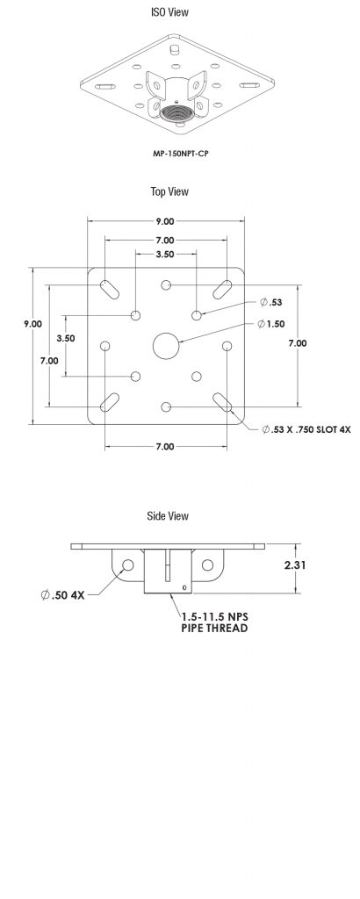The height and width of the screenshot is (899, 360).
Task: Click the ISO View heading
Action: pos(169,12)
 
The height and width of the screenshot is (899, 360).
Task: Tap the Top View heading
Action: pos(169,191)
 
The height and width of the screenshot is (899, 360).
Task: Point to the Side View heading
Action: pos(168,516)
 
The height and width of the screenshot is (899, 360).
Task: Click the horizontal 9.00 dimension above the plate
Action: pos(165,222)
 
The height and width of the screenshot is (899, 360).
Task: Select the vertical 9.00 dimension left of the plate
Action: pos(32,323)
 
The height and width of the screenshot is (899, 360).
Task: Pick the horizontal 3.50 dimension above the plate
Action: pos(165,254)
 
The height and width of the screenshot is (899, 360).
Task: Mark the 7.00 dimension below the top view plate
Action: pos(165,446)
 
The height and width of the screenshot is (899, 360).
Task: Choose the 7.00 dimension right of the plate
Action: pos(298,343)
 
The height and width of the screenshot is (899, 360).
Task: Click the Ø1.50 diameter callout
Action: pos(270,324)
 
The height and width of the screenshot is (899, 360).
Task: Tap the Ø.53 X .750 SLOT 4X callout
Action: pos(305,429)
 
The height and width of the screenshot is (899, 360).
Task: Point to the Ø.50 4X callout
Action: pos(62,594)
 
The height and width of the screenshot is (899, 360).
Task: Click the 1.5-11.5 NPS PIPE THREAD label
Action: pos(214,622)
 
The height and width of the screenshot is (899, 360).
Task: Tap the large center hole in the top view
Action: pos(165,346)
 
